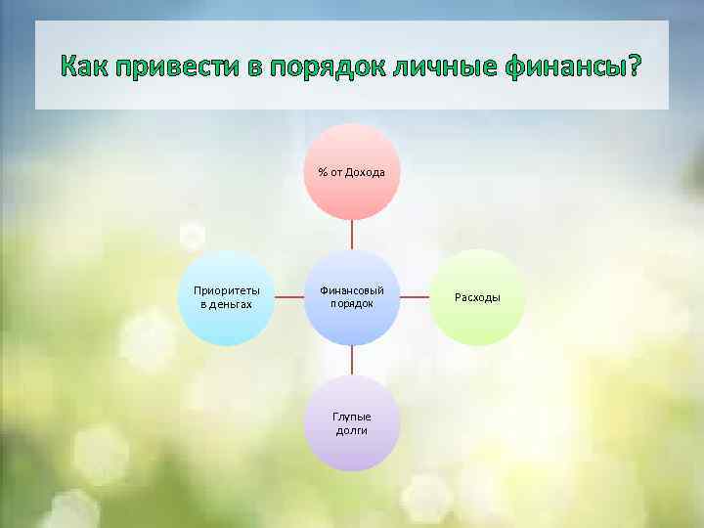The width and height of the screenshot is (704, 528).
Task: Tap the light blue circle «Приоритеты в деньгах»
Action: (226, 297)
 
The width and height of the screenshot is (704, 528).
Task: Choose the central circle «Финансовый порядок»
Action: (352, 297)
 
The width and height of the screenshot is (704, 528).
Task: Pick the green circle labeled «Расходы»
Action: (479, 297)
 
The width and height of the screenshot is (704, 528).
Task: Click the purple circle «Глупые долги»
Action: (352, 423)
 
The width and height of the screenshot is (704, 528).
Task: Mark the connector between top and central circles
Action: (352, 235)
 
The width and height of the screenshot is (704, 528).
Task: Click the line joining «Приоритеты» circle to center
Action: (288, 297)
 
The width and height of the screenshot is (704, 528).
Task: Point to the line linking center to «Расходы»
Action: (416, 297)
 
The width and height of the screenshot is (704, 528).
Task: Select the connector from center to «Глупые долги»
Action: (352, 360)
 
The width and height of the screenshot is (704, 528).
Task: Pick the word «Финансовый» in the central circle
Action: (352, 290)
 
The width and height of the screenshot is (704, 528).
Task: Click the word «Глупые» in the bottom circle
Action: (352, 417)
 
